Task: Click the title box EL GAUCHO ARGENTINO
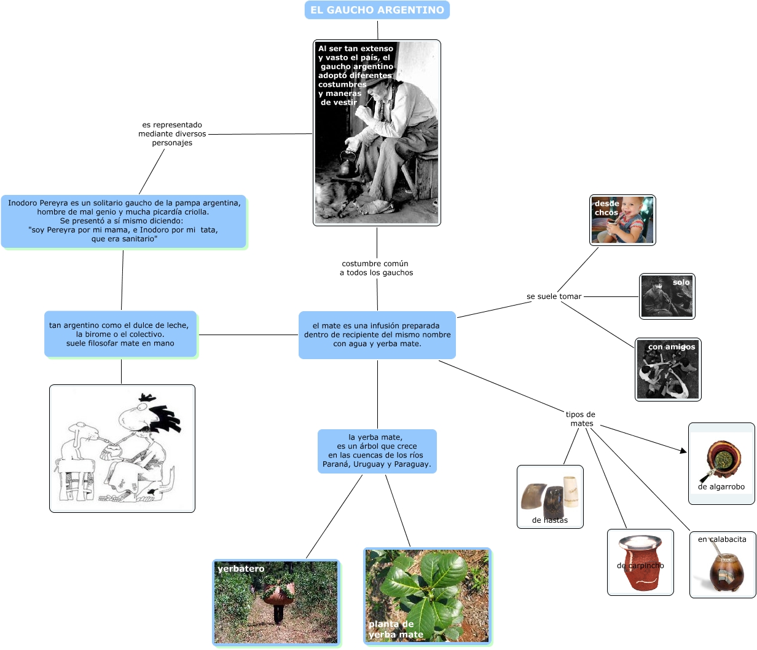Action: click(377, 10)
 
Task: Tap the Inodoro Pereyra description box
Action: click(124, 221)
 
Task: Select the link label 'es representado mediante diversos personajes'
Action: click(172, 134)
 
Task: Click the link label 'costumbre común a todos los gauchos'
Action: click(376, 268)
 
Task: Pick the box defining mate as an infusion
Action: click(377, 335)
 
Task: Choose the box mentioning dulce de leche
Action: click(120, 334)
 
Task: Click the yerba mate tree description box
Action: click(377, 451)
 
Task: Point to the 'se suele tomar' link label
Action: click(554, 296)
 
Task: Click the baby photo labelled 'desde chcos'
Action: click(622, 220)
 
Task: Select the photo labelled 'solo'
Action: click(667, 296)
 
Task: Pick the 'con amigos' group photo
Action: click(668, 369)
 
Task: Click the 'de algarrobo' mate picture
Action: click(721, 463)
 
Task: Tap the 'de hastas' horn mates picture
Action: click(550, 496)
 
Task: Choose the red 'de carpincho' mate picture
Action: click(640, 562)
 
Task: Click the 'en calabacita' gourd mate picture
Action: click(723, 565)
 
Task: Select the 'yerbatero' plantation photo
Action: click(276, 602)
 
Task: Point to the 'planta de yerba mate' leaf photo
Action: click(427, 595)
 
